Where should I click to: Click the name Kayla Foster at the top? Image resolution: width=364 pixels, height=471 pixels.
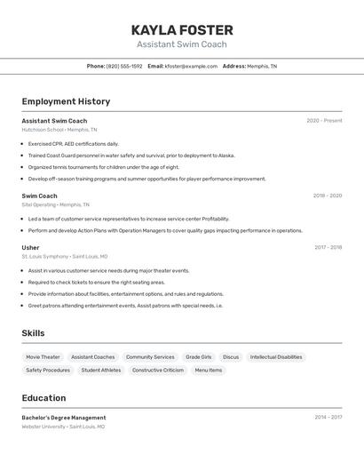point(182,30)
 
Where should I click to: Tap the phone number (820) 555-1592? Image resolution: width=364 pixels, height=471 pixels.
point(123,66)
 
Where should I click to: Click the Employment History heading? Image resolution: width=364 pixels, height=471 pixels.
point(66,101)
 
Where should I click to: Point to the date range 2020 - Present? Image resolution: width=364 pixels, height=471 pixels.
point(324,121)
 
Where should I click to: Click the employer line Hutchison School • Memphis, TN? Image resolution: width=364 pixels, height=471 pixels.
point(59,130)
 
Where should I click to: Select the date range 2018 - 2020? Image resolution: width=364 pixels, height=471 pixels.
point(327,196)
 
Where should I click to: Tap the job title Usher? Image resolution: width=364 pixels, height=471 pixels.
point(30,248)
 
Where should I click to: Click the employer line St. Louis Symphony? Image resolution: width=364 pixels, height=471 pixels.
point(64,257)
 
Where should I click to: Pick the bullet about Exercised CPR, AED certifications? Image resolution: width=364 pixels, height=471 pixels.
point(73,143)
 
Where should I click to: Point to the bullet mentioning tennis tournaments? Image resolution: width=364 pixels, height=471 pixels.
point(103,166)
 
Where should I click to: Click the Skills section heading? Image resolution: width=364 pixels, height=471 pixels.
point(33,333)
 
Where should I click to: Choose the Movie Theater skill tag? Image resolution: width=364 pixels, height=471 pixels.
point(43,357)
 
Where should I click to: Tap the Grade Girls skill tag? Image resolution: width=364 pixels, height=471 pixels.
point(198,357)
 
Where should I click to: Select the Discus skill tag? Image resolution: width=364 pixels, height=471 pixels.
point(231,357)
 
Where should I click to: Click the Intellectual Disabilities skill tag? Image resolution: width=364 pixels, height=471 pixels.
point(276,357)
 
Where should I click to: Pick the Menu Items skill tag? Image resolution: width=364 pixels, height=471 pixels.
point(209,370)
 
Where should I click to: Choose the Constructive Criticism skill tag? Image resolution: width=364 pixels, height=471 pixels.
point(158,370)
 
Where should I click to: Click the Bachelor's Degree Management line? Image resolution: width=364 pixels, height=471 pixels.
point(64,418)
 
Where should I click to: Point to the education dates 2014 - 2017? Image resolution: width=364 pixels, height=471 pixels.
point(328,417)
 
